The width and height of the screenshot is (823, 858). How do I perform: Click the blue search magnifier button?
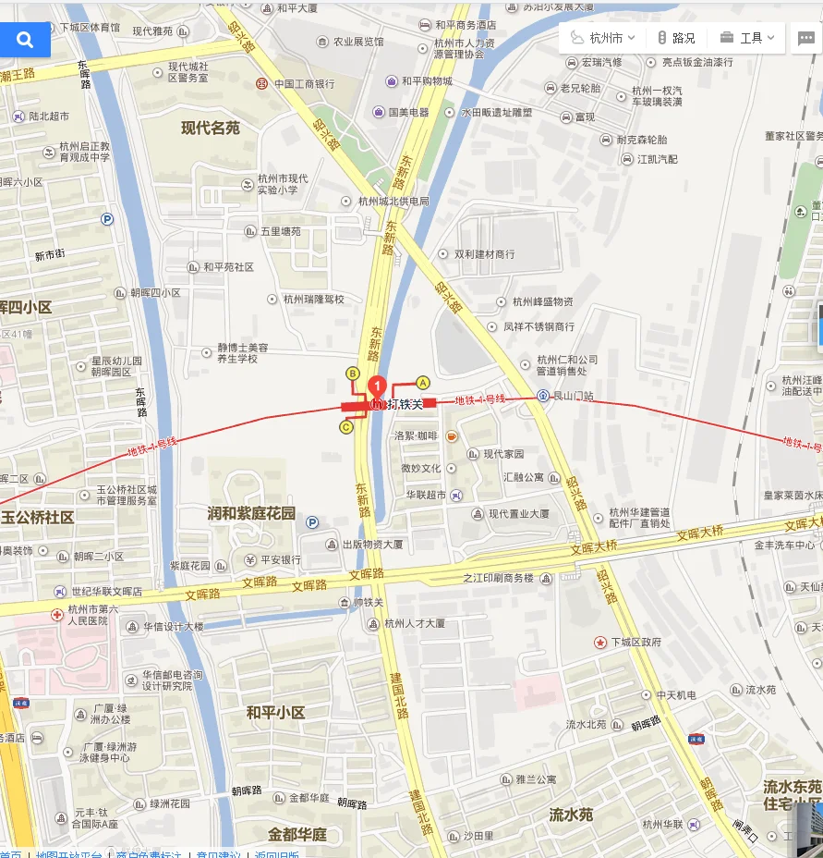(25, 40)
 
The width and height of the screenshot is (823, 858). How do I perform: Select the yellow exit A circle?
(423, 382)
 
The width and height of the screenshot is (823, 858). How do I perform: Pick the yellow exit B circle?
(352, 373)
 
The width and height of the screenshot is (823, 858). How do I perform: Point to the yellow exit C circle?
(346, 427)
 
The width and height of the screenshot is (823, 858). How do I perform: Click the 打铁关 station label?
(405, 404)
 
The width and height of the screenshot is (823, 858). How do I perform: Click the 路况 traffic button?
(676, 38)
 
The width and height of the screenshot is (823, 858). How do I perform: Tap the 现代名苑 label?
(211, 129)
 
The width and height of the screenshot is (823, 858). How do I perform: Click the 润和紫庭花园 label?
(251, 513)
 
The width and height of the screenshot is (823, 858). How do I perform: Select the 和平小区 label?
(275, 713)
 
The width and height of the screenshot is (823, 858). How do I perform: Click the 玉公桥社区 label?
(37, 518)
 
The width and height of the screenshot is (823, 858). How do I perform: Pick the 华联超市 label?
(426, 496)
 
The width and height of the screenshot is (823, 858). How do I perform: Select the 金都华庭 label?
(297, 835)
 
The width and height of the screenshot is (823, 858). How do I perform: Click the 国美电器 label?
(407, 112)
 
